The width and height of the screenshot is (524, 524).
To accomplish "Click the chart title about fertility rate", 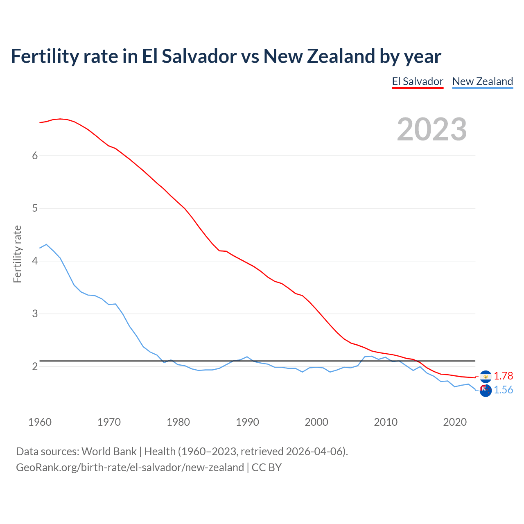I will [x=226, y=56].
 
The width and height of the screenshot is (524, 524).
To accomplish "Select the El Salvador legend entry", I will [x=418, y=81].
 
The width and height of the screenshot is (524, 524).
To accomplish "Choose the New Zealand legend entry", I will [x=482, y=81].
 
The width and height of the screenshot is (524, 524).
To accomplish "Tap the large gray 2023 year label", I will [x=432, y=129].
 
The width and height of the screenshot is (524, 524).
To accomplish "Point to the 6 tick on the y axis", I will [x=35, y=156].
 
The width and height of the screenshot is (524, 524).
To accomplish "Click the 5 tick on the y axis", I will [x=35, y=208].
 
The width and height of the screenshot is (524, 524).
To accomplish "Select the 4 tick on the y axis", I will [x=35, y=261].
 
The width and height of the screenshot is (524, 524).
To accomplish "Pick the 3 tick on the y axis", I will [x=35, y=314].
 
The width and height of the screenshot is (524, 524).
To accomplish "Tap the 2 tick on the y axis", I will [x=35, y=366].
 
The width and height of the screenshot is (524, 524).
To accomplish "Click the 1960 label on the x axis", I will [x=40, y=422].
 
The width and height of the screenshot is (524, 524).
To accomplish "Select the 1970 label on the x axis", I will [x=109, y=422].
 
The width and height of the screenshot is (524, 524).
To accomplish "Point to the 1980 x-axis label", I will [x=178, y=422].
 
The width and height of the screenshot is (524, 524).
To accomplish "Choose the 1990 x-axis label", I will [x=247, y=422].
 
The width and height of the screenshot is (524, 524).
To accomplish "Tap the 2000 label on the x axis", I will [x=316, y=422].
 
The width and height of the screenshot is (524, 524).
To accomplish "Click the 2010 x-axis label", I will [x=386, y=422].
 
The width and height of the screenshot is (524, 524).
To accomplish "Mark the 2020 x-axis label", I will [x=455, y=422].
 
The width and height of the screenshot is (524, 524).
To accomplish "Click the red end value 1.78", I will [x=503, y=376].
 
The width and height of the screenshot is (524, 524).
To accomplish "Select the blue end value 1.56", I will [x=503, y=390].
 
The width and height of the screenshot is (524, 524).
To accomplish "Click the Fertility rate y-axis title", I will [x=17, y=254].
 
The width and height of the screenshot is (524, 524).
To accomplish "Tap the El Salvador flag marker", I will [x=486, y=376].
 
